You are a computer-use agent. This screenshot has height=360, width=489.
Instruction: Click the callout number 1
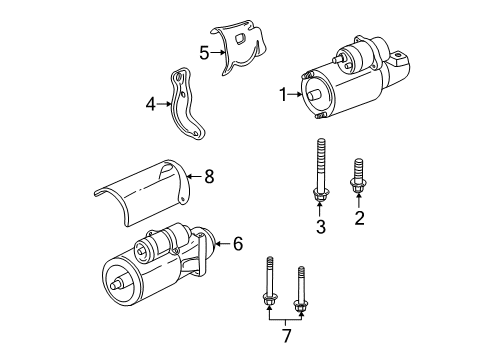pyautogui.click(x=282, y=97)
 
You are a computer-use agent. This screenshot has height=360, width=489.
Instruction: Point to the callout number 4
pyautogui.click(x=151, y=103)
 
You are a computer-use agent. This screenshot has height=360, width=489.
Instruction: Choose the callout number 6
pyautogui.click(x=237, y=270)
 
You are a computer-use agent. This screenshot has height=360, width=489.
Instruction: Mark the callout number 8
pyautogui.click(x=209, y=177)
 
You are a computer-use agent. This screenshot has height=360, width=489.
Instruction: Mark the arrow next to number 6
pyautogui.click(x=223, y=270)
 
